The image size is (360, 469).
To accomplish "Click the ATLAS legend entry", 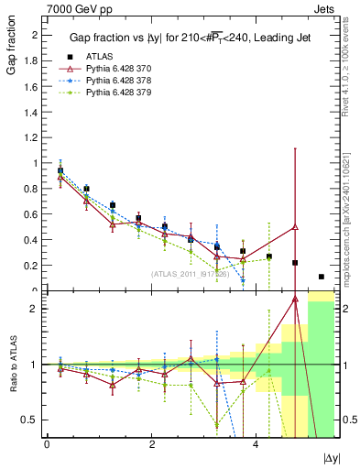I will point(100,57).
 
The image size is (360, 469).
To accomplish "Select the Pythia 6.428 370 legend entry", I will point(117,69).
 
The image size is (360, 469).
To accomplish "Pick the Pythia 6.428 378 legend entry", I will point(117,81).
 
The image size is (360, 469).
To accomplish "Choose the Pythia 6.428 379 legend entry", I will point(117,93).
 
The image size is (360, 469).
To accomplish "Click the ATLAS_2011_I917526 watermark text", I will point(190,273).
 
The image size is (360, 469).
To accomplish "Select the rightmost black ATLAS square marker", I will point(321,277).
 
